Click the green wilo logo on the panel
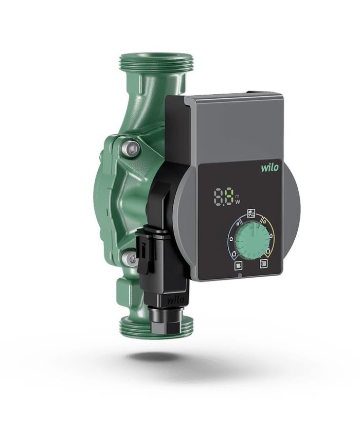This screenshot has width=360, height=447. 269,167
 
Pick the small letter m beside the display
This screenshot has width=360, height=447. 237,196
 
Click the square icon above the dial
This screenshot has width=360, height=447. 251,212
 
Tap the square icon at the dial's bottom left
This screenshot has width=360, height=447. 238,266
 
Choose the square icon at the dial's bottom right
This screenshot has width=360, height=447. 264,264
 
